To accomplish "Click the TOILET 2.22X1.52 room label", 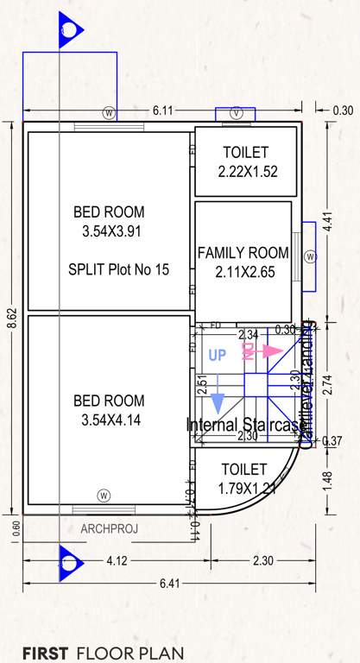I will point(248,161).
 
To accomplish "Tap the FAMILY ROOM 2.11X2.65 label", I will point(243,262).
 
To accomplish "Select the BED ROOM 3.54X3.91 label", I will point(109,222).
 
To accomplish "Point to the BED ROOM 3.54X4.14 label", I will point(109,411).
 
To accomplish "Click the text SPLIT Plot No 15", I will point(118,269).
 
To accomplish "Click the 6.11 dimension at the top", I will point(164,110).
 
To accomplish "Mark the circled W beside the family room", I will point(310,256).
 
